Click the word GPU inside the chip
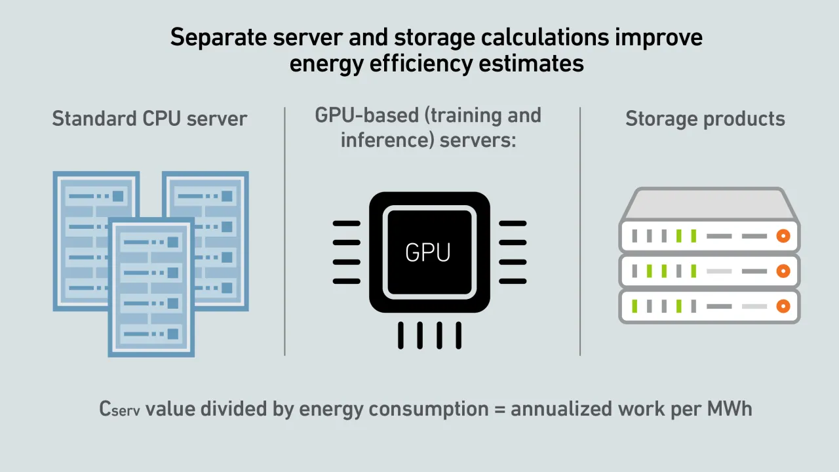[x=428, y=252]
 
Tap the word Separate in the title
[x=213, y=37]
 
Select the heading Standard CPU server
[x=149, y=119]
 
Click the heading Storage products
[x=705, y=119]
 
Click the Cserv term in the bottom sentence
[x=119, y=409]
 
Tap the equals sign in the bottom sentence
[x=499, y=409]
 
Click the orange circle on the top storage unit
[x=783, y=236]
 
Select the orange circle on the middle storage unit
[x=783, y=271]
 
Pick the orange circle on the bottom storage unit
[x=783, y=306]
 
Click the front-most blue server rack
[x=151, y=288]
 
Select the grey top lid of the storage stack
[x=709, y=205]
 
